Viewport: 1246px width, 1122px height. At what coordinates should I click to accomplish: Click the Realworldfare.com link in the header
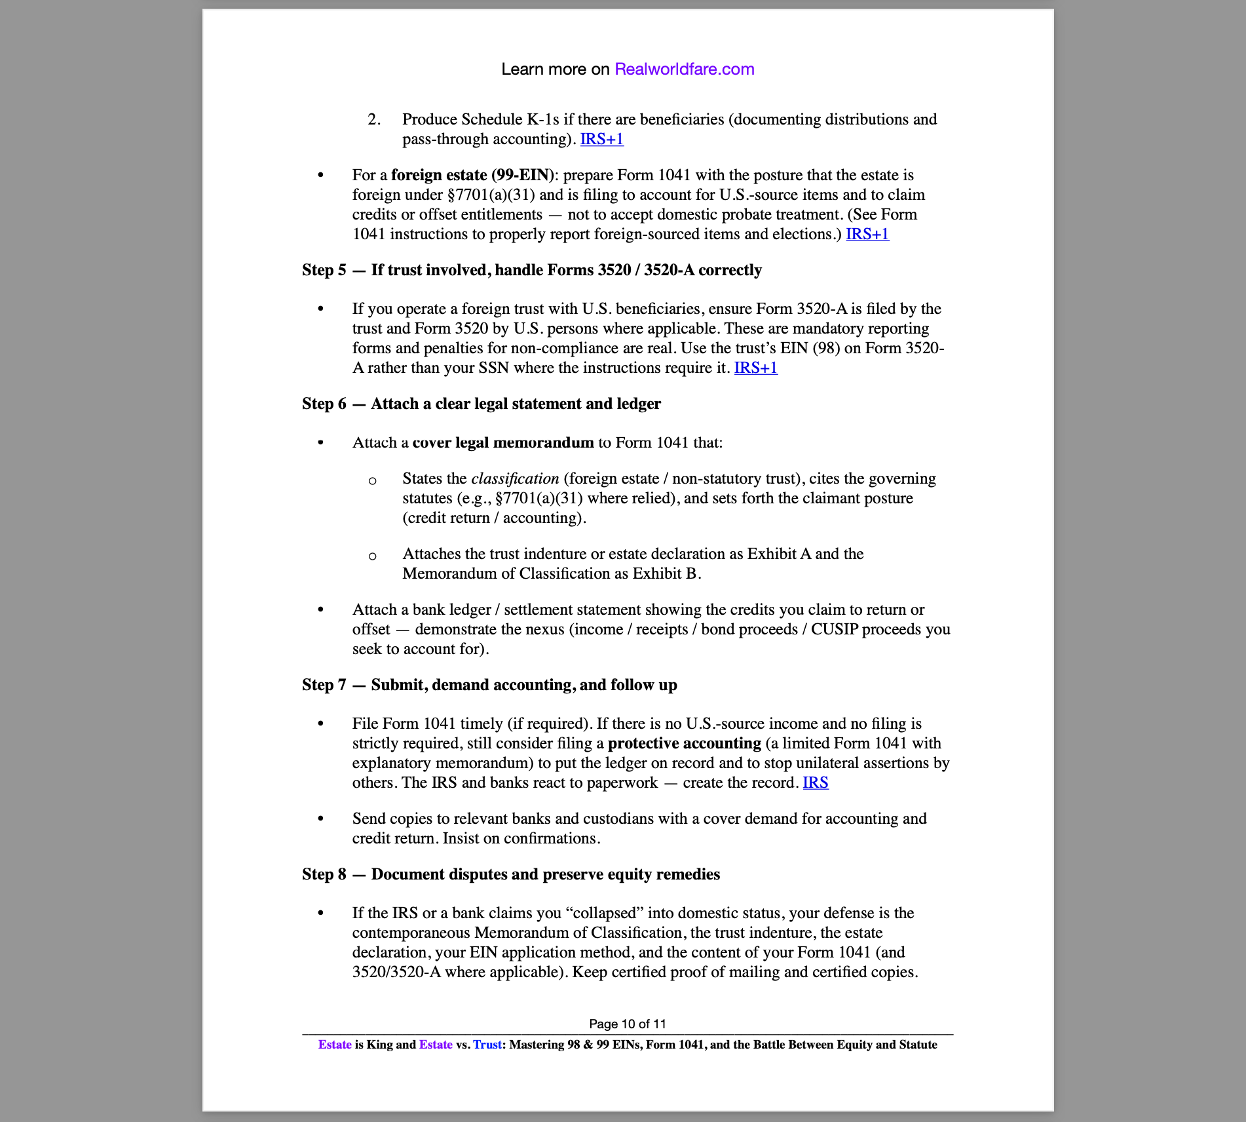click(684, 69)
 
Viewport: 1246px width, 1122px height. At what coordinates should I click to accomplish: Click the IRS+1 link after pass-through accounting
click(601, 139)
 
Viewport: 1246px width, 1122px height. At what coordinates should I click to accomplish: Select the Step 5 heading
click(531, 270)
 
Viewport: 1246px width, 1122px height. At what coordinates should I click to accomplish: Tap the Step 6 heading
click(481, 404)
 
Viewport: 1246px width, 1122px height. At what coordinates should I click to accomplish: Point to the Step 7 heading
click(489, 685)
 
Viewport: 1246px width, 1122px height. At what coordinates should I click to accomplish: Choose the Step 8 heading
click(510, 874)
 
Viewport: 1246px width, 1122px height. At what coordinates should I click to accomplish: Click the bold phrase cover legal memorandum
click(502, 442)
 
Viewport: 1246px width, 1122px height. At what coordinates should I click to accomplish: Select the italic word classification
click(515, 478)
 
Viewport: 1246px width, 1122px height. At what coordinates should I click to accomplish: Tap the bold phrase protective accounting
click(684, 743)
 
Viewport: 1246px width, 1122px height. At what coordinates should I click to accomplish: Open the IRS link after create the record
click(815, 783)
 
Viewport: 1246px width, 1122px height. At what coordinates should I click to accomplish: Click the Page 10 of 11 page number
click(627, 1024)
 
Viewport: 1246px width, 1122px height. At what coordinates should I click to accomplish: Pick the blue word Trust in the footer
click(487, 1045)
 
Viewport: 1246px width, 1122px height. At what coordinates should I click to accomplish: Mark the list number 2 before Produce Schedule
click(373, 119)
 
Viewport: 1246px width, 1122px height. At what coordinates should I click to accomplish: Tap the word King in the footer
click(379, 1045)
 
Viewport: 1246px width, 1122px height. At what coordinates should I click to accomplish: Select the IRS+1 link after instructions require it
click(755, 368)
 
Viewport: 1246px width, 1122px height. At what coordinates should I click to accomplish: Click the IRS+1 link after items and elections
click(867, 234)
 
